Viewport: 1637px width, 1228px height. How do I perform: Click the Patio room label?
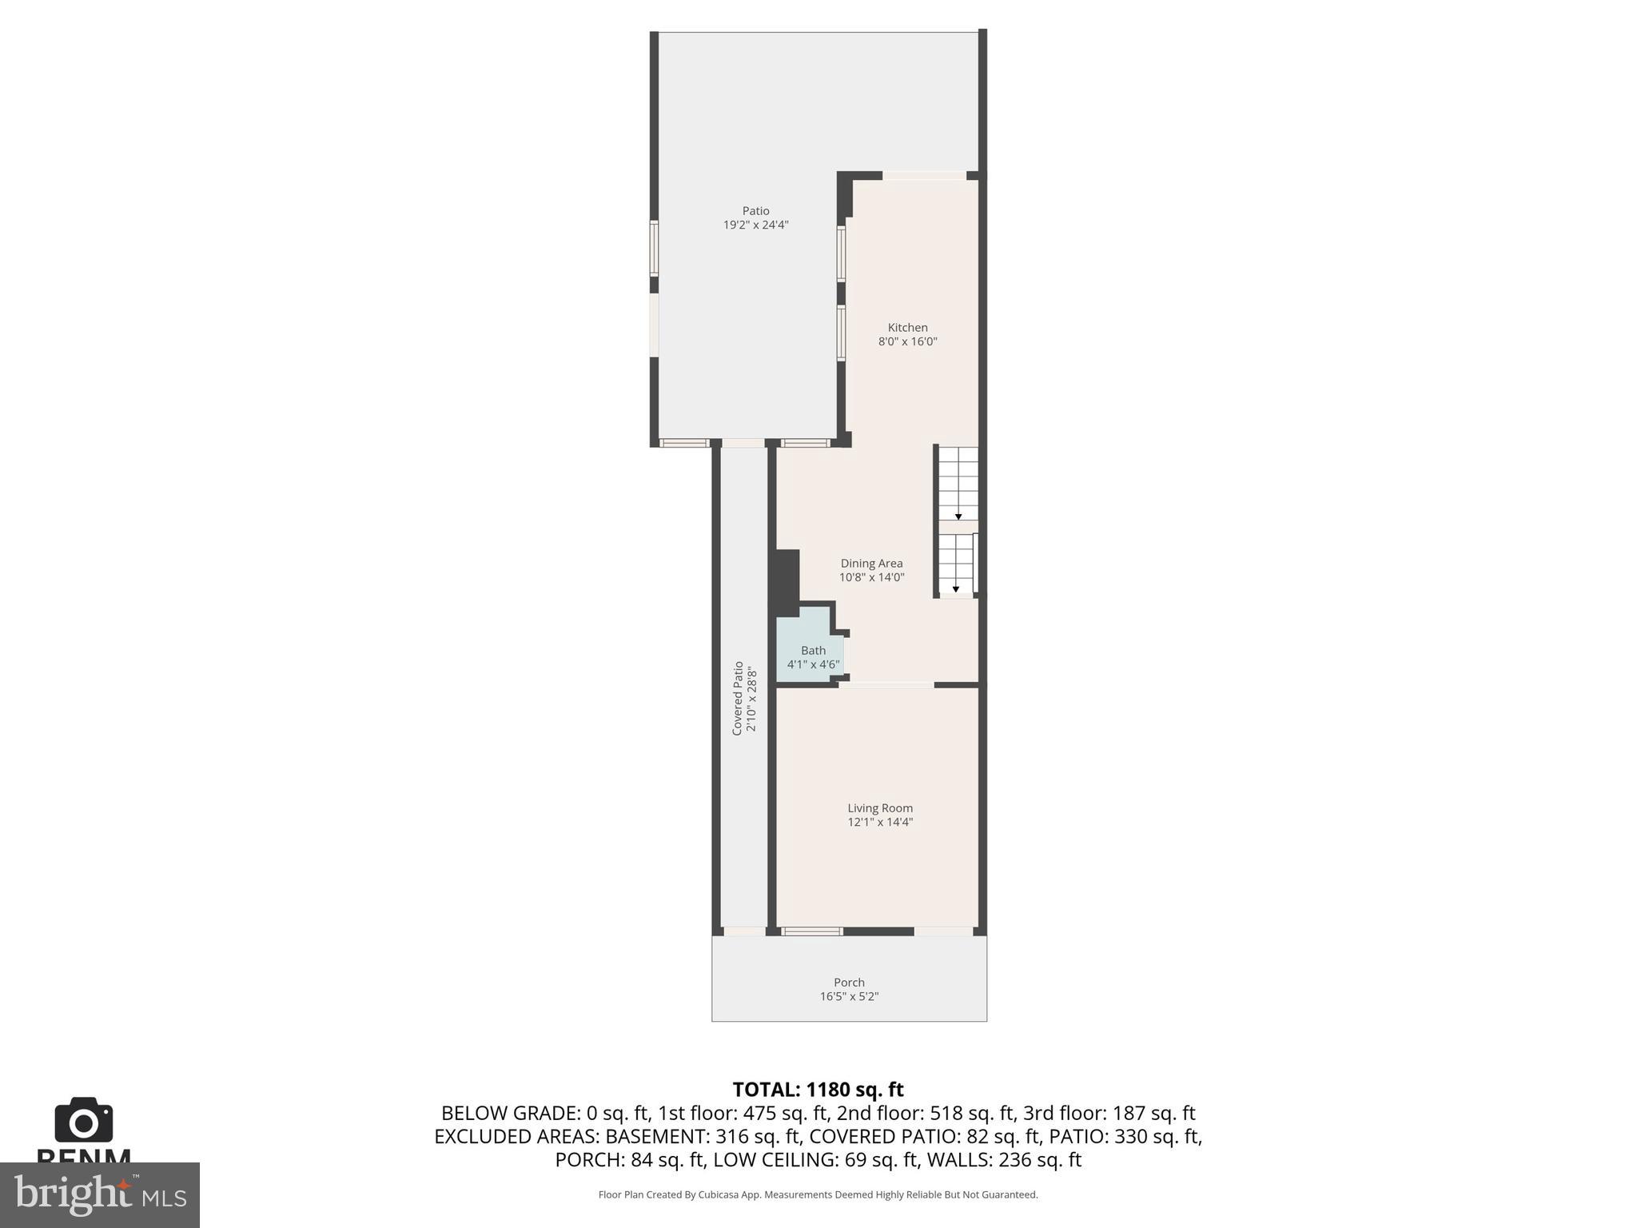pos(755,211)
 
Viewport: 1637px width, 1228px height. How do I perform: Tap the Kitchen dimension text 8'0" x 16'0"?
pos(907,341)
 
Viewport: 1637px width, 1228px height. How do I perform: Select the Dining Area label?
pos(871,564)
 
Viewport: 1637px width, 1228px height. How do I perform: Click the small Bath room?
pos(809,649)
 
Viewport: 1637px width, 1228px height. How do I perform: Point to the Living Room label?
pos(880,808)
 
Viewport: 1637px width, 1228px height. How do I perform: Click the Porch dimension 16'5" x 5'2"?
pos(849,996)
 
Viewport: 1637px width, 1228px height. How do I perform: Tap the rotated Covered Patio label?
pos(738,697)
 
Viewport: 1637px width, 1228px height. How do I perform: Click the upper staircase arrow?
pos(958,516)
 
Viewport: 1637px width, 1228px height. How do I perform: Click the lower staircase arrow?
pos(955,589)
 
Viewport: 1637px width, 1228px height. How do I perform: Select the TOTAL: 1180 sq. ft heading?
pos(818,1090)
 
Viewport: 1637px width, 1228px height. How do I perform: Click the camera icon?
pos(84,1120)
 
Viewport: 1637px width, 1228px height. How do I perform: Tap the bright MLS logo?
pos(99,1194)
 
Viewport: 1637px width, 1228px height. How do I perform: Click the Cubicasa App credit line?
pos(818,1195)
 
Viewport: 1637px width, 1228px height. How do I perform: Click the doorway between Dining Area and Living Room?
pos(886,684)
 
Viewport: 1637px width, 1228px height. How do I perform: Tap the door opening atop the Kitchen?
pos(924,176)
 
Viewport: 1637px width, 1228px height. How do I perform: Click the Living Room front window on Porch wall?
pos(811,931)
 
